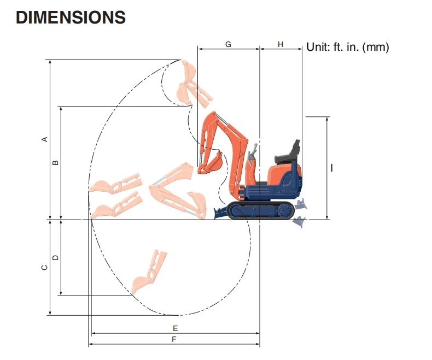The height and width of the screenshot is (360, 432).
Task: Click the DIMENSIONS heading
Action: coord(71,17)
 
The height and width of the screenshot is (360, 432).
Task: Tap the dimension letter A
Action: coord(45,139)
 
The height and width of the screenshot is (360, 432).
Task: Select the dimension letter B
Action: coord(55,163)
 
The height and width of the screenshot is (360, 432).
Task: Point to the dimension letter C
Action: coord(44,267)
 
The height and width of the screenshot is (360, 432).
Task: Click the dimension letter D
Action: coord(55,258)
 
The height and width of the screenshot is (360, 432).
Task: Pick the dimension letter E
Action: coord(175,328)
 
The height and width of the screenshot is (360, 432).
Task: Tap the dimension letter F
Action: coord(174,339)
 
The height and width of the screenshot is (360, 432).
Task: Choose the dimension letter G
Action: coord(228,44)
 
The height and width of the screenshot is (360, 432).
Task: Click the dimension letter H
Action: coord(281,44)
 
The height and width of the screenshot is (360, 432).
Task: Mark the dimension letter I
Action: coord(332,168)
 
